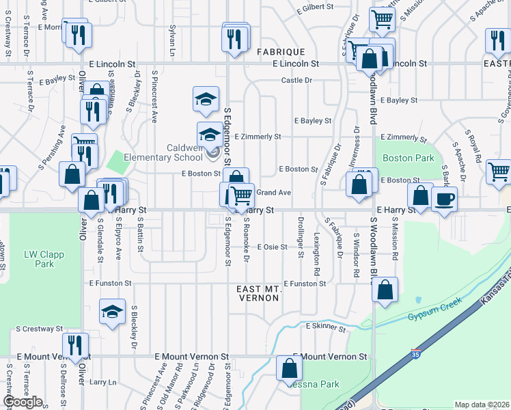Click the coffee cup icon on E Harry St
click(444, 199)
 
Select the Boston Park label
click(409, 158)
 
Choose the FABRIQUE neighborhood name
click(279, 52)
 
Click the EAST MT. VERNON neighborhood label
click(259, 294)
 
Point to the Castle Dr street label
click(296, 81)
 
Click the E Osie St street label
click(271, 247)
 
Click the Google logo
click(23, 402)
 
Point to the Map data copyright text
click(482, 405)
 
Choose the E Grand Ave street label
click(274, 193)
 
